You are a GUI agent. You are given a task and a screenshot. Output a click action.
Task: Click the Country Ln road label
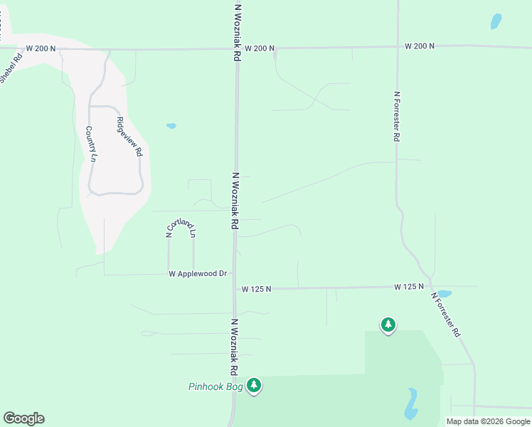pos(90,144)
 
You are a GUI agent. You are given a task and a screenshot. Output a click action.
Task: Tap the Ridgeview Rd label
pos(129,137)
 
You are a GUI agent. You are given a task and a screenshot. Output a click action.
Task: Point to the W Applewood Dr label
pos(198,274)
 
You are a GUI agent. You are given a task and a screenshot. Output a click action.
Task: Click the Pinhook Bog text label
pos(216,387)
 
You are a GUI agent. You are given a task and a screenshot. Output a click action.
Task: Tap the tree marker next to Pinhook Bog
pos(254,386)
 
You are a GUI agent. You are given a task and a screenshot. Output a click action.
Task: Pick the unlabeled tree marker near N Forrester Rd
pos(388,325)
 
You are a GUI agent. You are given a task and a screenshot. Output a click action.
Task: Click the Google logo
pos(23,418)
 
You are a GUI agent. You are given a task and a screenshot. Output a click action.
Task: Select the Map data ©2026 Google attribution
pos(488,421)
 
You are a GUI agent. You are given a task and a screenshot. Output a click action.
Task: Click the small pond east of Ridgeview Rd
pos(171,127)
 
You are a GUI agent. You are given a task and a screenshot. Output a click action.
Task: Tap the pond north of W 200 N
pos(496,21)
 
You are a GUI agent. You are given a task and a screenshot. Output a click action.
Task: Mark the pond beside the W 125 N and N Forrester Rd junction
pos(444,293)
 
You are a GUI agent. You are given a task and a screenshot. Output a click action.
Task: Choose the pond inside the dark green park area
pos(411,404)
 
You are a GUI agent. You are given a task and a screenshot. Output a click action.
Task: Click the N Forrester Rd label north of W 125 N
pos(396,116)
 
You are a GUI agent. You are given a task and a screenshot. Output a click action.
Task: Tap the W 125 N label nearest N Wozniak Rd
pos(257,289)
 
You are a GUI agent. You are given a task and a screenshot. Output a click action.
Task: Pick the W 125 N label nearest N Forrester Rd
pos(410,286)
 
